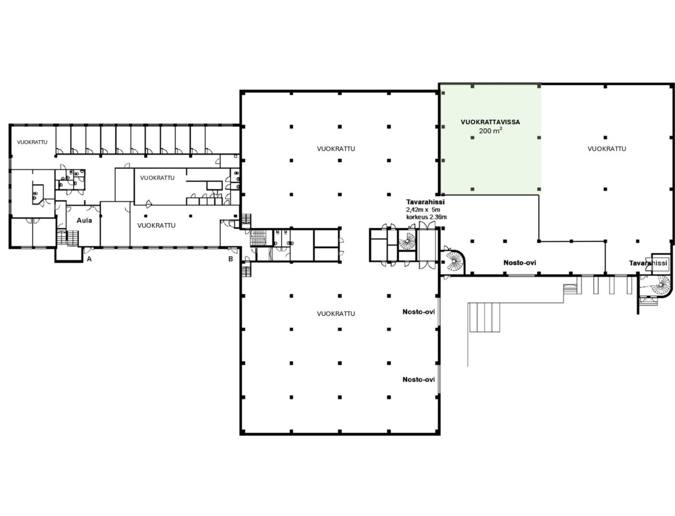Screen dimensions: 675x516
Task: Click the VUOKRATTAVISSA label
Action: (x=490, y=122)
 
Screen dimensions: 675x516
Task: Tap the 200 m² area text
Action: (x=490, y=130)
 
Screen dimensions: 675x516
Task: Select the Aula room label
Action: (x=84, y=220)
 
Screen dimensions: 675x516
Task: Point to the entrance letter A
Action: (x=89, y=259)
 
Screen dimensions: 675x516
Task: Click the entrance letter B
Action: (x=230, y=259)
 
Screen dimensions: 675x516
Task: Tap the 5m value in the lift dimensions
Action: (x=436, y=210)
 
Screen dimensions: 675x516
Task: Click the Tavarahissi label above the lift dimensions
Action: (x=425, y=202)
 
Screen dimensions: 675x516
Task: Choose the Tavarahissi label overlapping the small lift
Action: (x=648, y=263)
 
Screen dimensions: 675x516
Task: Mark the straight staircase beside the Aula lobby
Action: (x=67, y=238)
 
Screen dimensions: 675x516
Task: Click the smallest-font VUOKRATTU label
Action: (x=32, y=142)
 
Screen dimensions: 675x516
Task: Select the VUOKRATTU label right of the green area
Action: (x=607, y=149)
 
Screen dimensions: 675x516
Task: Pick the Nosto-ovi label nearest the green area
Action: (x=519, y=263)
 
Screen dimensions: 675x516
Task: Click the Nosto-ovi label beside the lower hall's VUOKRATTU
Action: (x=418, y=312)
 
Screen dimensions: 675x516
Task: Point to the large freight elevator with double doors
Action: (x=428, y=245)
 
